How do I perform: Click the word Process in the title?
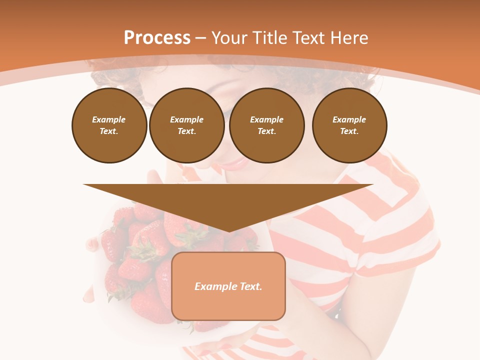(157, 38)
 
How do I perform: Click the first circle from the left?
(109, 125)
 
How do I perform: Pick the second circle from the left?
(186, 125)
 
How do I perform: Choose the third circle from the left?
(266, 125)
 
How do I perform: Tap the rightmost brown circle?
(349, 125)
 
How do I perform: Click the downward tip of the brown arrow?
(228, 230)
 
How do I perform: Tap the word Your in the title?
(229, 38)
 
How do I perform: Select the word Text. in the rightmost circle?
(349, 131)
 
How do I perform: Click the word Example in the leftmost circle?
(109, 119)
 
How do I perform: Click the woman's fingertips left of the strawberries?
(92, 244)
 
